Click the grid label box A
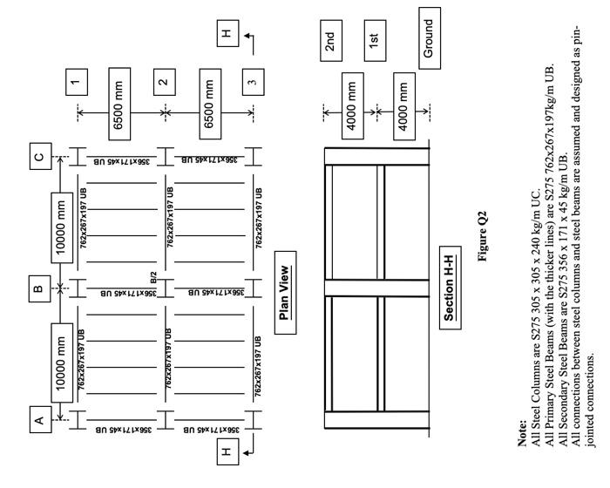point(40,419)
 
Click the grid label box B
point(40,288)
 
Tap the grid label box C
point(40,156)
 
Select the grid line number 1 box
point(77,82)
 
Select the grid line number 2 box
point(165,82)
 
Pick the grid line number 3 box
point(254,82)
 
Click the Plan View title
point(286,293)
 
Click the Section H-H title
point(451,288)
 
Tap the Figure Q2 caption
point(482,236)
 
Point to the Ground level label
point(430,38)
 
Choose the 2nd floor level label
point(331,41)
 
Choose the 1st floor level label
point(375,41)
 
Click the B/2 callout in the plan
point(153,277)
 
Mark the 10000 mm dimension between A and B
point(62,363)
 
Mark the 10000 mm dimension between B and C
point(62,227)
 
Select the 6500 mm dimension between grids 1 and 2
point(119,104)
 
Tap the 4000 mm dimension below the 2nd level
point(353,105)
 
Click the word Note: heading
point(523,433)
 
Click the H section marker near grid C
point(227,33)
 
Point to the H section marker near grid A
point(227,451)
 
